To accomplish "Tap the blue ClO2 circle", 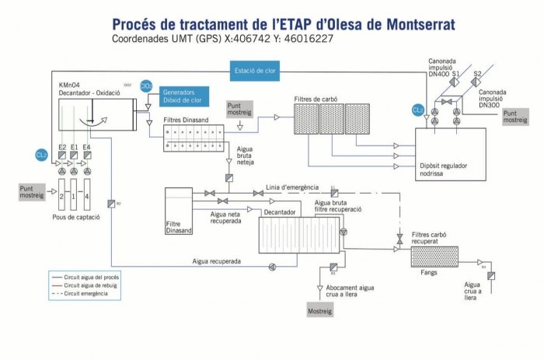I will pos(146,86).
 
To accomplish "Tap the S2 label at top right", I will pos(479,74).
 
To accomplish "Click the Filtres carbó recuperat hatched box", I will pos(434,256).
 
